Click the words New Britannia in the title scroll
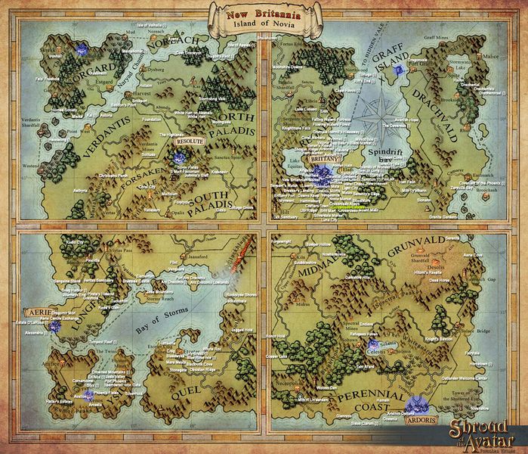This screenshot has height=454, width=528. [x=264, y=12]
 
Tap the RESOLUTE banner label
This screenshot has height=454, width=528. [x=189, y=141]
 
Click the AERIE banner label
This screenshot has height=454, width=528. [x=36, y=311]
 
